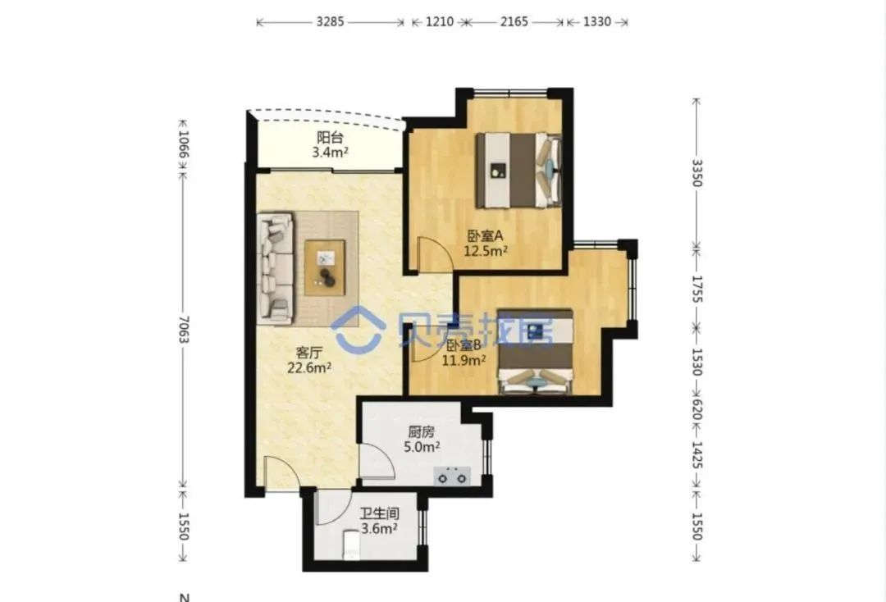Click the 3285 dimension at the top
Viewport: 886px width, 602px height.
pos(330,22)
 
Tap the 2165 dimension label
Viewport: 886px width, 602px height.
pos(514,22)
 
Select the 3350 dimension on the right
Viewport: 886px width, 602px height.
pos(697,173)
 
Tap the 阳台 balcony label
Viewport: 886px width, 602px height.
pos(330,137)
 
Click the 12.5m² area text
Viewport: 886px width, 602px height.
pos(486,251)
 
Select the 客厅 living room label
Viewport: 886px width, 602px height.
pos(309,353)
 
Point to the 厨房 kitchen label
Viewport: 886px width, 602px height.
pos(422,432)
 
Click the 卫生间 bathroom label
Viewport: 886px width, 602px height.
pos(380,514)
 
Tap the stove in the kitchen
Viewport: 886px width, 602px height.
pos(452,476)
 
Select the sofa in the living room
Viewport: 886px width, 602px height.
pos(275,268)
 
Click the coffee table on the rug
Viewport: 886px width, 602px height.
pos(325,267)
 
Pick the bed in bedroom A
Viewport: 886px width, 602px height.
pos(518,170)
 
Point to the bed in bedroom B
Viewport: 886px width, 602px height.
pos(535,351)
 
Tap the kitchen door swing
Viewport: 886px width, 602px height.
pos(377,462)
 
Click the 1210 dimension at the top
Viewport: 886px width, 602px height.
pos(440,22)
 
